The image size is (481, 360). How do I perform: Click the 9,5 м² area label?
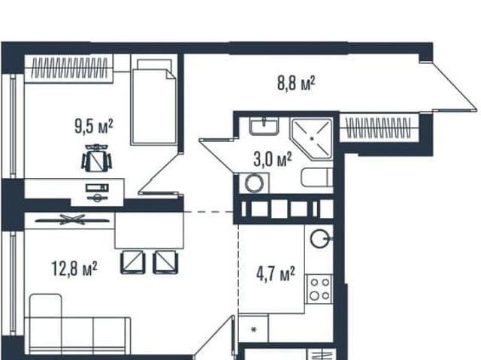[x=94, y=126]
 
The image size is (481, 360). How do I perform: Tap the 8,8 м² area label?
[x=296, y=83]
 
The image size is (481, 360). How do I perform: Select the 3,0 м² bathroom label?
[x=273, y=160]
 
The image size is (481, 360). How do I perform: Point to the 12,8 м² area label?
[x=74, y=268]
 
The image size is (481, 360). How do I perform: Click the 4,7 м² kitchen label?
[x=276, y=274]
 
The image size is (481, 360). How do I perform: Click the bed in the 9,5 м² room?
[x=153, y=102]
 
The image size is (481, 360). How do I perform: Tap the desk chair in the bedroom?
[x=96, y=159]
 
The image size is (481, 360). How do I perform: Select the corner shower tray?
[x=313, y=138]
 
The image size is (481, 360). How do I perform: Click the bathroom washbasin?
[x=264, y=126]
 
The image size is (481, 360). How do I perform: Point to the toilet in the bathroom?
[x=317, y=177]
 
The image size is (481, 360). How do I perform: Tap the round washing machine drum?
[x=254, y=183]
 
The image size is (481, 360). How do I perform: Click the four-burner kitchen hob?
[x=319, y=289]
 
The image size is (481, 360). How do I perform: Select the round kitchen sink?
[x=320, y=238]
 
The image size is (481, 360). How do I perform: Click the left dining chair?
[x=133, y=262]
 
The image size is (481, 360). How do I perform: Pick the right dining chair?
[x=165, y=262]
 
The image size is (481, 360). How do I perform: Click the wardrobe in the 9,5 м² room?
[x=68, y=68]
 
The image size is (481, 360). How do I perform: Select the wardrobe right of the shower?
[x=379, y=128]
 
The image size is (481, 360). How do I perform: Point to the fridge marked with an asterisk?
[x=254, y=329]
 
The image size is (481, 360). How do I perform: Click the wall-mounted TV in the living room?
[x=72, y=219]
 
